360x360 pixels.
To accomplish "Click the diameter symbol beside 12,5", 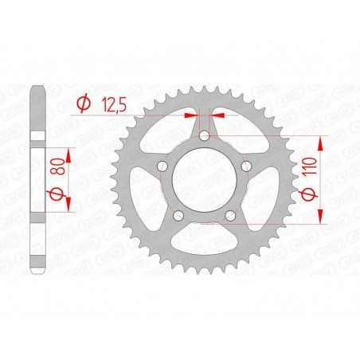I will click(x=82, y=103).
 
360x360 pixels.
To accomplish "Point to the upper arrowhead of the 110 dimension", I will click(x=323, y=142).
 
